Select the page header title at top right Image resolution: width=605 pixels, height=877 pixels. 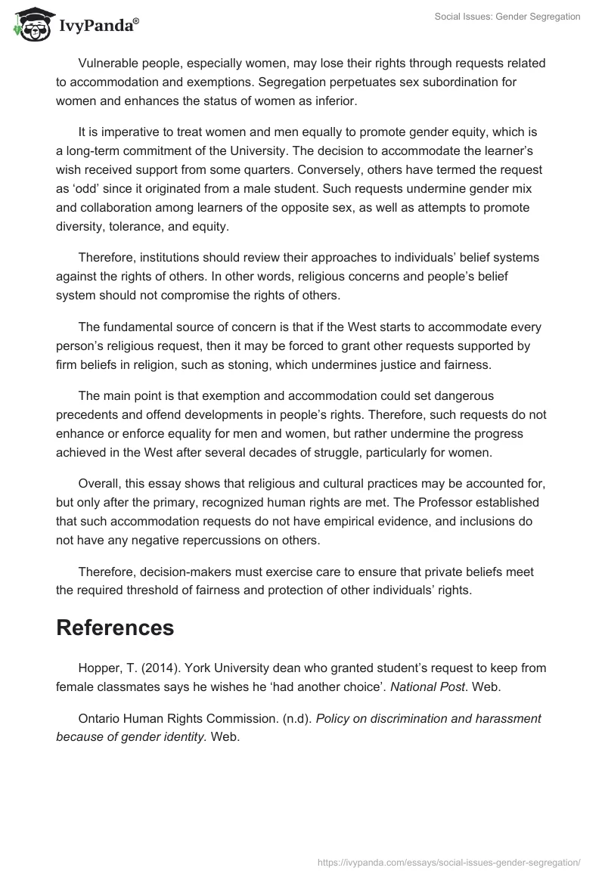pos(507,17)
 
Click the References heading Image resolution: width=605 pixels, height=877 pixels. pos(115,628)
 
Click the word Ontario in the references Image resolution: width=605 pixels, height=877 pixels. pos(99,719)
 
